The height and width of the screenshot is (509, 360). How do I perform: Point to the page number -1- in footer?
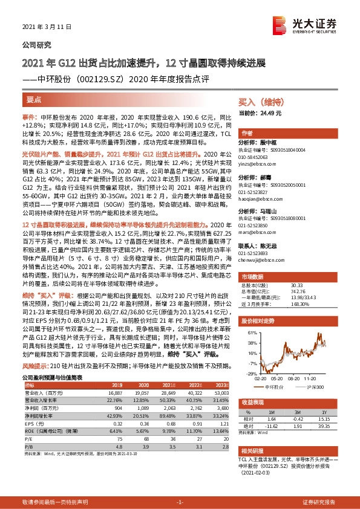coord(179,502)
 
